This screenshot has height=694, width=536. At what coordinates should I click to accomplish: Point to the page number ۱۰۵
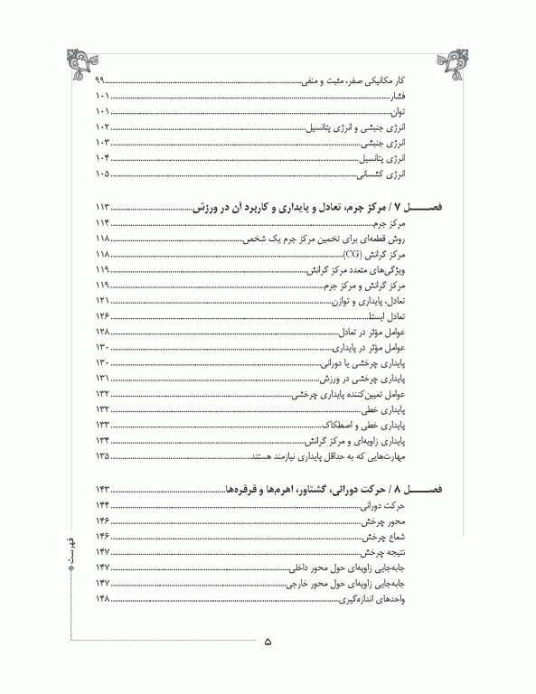(101, 174)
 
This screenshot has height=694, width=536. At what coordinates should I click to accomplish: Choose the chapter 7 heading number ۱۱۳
(101, 207)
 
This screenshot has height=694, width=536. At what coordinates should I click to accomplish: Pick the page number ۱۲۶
(101, 317)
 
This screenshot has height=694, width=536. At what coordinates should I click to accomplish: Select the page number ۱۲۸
(101, 333)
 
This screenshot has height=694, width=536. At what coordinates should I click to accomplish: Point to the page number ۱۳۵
(101, 456)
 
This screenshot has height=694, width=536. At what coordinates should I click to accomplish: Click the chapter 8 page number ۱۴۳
(101, 489)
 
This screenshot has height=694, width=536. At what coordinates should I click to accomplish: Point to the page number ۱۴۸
(101, 601)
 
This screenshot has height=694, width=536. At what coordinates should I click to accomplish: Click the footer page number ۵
(268, 643)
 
